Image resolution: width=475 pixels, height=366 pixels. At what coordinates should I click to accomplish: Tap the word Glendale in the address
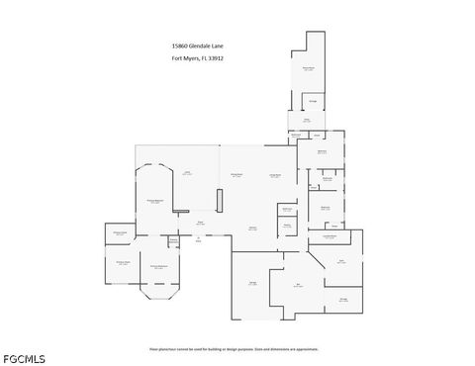point(198,46)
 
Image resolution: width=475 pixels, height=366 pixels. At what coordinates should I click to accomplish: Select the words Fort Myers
point(184,58)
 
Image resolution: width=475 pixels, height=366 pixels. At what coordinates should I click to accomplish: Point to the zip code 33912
point(217,58)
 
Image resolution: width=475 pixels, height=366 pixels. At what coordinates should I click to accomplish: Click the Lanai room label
point(186,172)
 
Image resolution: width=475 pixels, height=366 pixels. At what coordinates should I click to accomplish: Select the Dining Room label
point(237,175)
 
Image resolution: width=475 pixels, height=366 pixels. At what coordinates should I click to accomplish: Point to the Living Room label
point(275,175)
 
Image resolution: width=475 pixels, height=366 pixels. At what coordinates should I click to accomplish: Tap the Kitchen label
point(252,228)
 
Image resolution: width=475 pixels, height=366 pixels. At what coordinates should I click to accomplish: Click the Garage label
point(252,284)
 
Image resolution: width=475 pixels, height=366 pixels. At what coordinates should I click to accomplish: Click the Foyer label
point(199,223)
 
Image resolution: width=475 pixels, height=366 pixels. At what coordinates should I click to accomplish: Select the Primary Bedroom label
point(155,201)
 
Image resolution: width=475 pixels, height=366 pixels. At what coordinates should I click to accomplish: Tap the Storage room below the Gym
point(343,299)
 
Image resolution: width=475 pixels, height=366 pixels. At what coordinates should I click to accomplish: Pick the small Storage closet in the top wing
point(313,100)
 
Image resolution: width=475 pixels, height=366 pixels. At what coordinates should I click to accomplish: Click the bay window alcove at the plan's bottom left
point(158,289)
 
